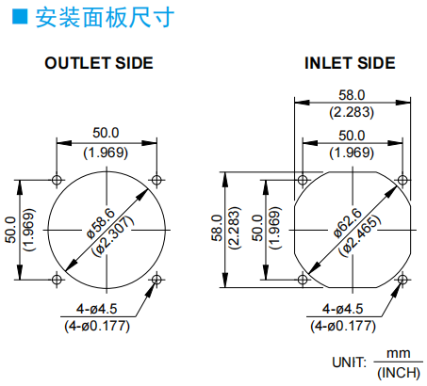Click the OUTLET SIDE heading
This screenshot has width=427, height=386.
point(99,63)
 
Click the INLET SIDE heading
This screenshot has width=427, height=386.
point(350,63)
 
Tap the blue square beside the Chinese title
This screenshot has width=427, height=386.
point(20,17)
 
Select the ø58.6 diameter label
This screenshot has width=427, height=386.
point(101,223)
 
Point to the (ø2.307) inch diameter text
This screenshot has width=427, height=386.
point(113,236)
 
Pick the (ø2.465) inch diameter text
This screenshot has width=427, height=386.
point(359,235)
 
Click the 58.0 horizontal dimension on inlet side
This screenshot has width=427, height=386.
point(352,95)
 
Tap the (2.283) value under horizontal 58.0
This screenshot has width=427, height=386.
point(352,112)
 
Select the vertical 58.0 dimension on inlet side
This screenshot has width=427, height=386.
point(217,228)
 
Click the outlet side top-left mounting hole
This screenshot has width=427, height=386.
point(57,180)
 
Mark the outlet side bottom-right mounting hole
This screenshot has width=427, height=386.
point(156,280)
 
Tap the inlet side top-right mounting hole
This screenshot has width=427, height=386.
point(402,180)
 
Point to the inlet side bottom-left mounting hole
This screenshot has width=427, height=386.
point(303,280)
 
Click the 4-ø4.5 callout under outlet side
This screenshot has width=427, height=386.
point(97,309)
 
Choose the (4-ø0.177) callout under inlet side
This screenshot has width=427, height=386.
point(343,326)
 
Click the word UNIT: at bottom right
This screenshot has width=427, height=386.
point(350,362)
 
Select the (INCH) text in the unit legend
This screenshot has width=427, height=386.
point(399,373)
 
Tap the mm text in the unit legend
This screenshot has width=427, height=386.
point(399,354)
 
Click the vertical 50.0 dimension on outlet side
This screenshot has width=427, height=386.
point(10,230)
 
